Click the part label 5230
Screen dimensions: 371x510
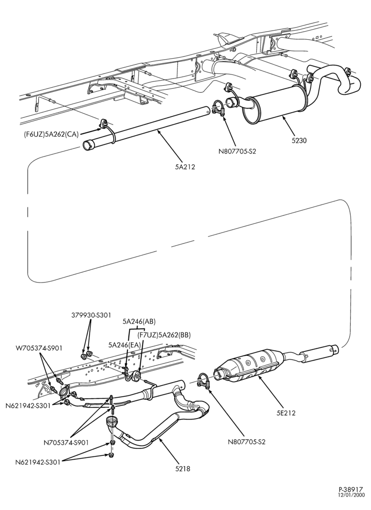tap(299, 141)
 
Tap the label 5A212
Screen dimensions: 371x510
tap(184, 167)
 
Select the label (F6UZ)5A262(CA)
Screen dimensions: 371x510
tap(50, 134)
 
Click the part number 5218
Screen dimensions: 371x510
tap(182, 469)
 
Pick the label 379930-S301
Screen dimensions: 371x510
tap(91, 315)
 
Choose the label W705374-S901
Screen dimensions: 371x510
tap(39, 348)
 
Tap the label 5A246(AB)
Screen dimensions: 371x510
tap(139, 322)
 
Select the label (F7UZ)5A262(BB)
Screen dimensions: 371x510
tap(164, 335)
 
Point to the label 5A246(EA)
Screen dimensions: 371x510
tap(125, 344)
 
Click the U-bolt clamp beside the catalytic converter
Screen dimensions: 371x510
tap(204, 380)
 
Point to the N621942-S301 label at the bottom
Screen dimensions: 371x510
tap(37, 462)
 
